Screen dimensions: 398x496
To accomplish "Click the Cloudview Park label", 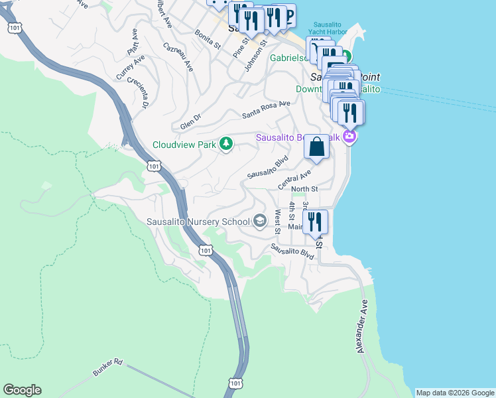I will [x=185, y=144].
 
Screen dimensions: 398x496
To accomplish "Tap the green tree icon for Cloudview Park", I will [x=226, y=143].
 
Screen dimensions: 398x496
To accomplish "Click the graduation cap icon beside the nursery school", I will [x=261, y=222].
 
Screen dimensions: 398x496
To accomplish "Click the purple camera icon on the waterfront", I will [x=349, y=137].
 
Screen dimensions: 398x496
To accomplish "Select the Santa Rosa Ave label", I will [x=266, y=109].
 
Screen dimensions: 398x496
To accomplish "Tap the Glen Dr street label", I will [x=190, y=123].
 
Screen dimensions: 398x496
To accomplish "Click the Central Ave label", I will [x=294, y=178].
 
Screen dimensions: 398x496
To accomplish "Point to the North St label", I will [x=304, y=189].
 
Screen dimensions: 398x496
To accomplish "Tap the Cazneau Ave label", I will [x=178, y=57].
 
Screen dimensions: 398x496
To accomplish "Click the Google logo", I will [x=22, y=390].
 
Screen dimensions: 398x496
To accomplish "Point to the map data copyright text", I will [x=454, y=393].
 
